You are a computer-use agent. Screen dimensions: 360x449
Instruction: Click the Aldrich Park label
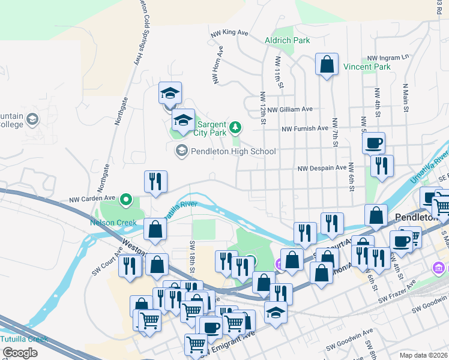(288, 40)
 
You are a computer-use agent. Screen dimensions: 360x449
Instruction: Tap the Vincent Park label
(367, 67)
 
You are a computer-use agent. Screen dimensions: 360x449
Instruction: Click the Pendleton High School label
(233, 151)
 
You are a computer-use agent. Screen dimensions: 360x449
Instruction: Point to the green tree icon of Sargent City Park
(237, 127)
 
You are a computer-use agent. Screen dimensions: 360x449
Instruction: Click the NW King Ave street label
(229, 33)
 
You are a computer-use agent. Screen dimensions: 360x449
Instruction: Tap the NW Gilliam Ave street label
(290, 110)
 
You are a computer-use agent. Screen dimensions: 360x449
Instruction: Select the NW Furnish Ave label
(306, 128)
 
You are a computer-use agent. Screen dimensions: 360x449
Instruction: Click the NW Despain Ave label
(322, 168)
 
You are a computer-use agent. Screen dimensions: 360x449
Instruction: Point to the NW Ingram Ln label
(388, 58)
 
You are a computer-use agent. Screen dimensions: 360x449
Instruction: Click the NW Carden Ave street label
(92, 198)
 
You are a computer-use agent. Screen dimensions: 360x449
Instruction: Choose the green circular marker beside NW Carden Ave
(126, 198)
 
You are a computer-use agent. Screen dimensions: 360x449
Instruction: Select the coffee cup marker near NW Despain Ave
(374, 143)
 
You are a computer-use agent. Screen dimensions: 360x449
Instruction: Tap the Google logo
(20, 353)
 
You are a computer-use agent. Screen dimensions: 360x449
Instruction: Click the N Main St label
(406, 98)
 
